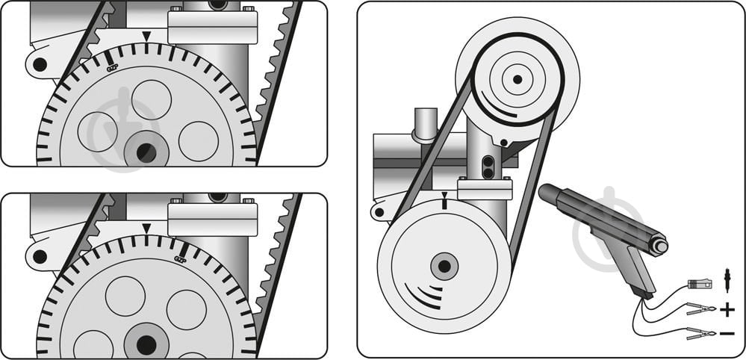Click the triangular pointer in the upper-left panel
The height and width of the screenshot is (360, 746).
coord(147,36)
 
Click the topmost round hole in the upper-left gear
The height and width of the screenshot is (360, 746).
coord(152,99)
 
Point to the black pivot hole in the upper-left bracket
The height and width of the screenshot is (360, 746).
coord(40,65)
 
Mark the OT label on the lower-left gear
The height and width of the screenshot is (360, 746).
coord(179,258)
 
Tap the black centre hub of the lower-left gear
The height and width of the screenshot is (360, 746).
coord(146,345)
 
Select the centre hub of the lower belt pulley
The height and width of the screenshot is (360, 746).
coord(444,265)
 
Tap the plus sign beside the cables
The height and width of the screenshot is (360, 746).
coord(728,309)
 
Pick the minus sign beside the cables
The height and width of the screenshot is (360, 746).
coord(728,333)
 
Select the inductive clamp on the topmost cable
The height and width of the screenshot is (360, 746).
coord(699,285)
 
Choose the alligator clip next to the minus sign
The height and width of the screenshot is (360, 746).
coord(699,333)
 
